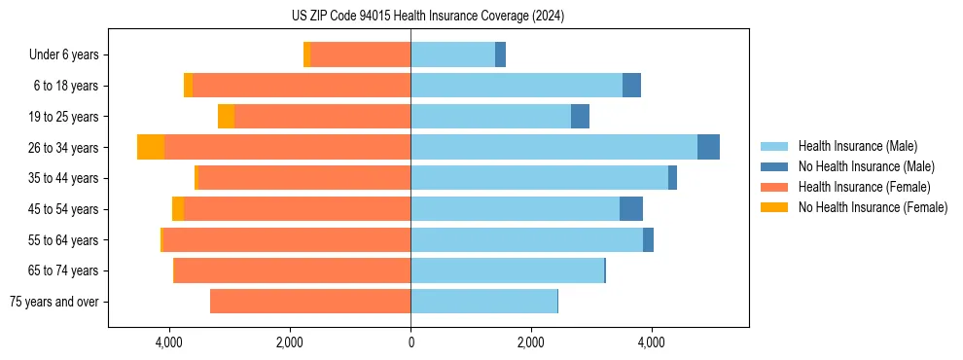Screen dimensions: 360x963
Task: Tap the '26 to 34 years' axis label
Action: point(65,147)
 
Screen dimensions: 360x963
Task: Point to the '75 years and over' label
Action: point(54,302)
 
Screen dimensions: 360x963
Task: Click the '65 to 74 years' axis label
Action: point(65,270)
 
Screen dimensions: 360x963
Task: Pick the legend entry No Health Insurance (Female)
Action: point(873,207)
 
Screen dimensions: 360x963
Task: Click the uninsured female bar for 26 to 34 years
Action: point(151,147)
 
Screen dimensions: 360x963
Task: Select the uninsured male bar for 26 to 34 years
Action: point(708,147)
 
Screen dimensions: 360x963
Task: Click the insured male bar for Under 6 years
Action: point(452,54)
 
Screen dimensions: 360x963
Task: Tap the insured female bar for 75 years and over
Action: point(310,302)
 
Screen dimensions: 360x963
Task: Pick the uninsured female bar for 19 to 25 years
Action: point(226,117)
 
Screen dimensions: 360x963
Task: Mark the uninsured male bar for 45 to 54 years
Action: point(631,209)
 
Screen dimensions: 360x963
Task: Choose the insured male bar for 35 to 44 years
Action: point(539,178)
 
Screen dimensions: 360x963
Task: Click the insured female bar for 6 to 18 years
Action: point(302,86)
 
